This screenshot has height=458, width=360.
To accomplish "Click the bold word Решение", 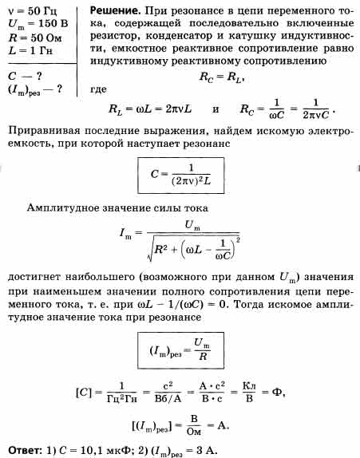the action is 115,11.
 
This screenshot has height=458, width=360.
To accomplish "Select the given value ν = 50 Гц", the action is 33,11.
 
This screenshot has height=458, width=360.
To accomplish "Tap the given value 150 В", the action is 53,23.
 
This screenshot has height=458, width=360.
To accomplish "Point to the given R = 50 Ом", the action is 35,38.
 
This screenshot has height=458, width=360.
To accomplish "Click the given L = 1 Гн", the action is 30,50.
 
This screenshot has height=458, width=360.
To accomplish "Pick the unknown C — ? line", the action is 25,77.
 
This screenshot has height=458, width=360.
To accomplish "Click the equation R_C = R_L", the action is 221,77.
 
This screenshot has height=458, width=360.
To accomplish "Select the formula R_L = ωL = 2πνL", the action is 150,109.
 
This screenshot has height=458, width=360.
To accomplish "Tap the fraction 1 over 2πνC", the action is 316,109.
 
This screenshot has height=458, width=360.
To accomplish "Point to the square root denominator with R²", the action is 194,248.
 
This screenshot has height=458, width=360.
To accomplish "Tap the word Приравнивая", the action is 44,131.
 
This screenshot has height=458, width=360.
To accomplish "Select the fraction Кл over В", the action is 249,393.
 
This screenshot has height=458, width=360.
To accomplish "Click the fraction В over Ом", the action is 194,425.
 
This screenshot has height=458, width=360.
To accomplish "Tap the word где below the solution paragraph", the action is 98,89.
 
